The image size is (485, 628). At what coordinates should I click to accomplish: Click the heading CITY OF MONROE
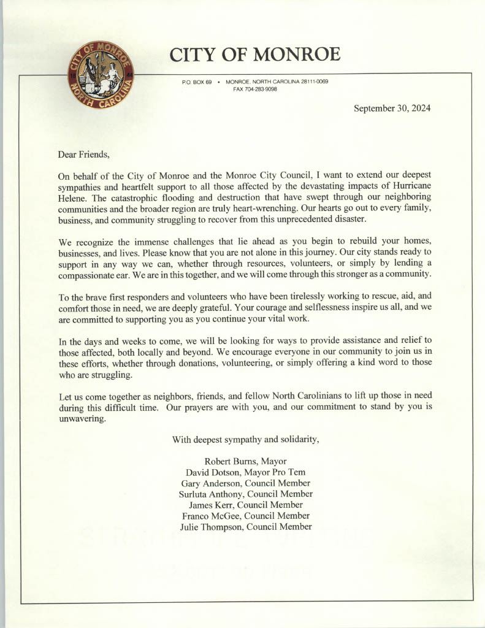pos(254,55)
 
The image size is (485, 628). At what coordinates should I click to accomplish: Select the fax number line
pos(255,89)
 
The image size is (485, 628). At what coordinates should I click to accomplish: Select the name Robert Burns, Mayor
pos(245,461)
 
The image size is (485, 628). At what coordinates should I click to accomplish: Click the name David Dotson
pos(214,472)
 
